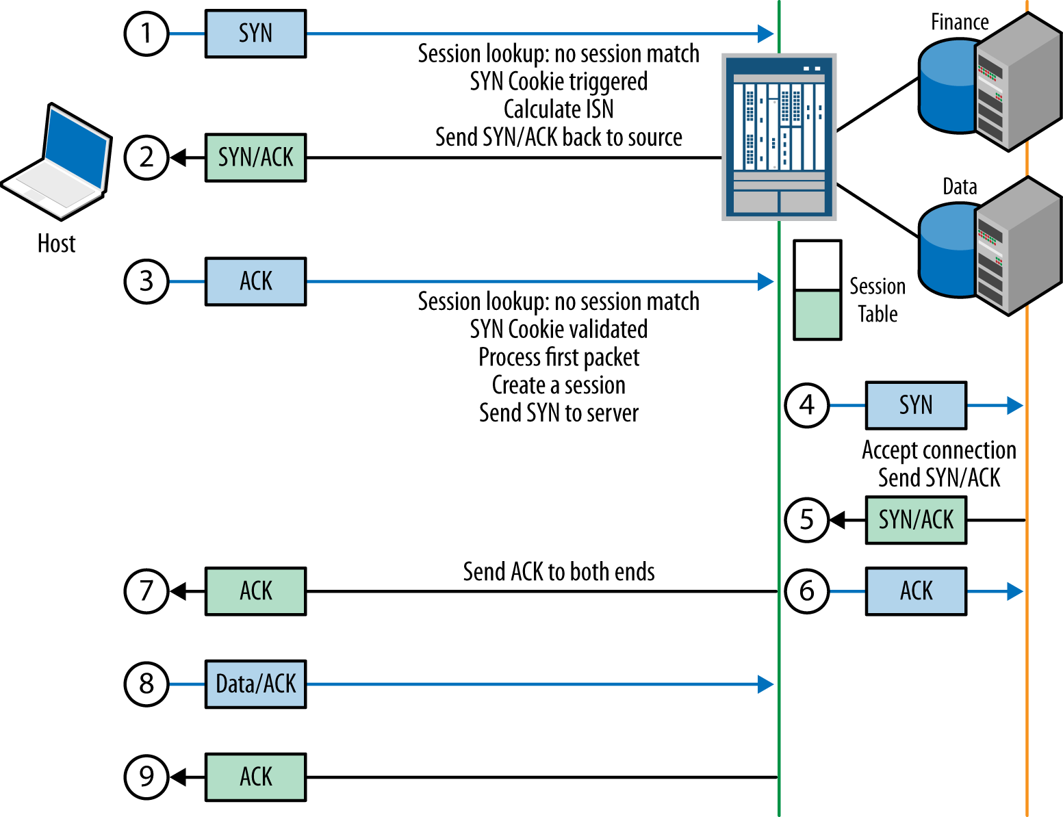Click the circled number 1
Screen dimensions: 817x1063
146,34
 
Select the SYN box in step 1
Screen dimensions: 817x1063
255,34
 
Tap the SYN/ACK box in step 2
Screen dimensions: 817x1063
255,157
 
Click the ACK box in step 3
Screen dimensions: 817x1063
255,281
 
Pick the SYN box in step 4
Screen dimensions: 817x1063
916,405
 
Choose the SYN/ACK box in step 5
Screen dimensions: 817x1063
916,520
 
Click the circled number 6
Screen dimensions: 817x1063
807,591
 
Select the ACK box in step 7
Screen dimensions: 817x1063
255,591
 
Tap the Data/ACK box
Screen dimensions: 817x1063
255,684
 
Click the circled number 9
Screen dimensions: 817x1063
146,777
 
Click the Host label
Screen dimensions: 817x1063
56,244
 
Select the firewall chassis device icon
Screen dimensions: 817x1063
779,137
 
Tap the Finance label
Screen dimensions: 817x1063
960,23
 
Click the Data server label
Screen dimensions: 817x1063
960,187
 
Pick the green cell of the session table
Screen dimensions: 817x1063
817,315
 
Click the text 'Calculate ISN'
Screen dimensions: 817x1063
559,109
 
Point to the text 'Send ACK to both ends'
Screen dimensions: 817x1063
559,571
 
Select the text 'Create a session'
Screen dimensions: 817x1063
559,385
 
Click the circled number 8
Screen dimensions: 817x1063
146,684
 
